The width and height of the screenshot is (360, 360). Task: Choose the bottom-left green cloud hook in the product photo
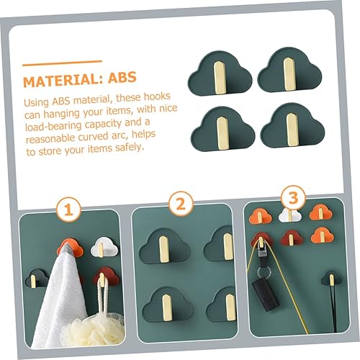(x=220, y=122)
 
